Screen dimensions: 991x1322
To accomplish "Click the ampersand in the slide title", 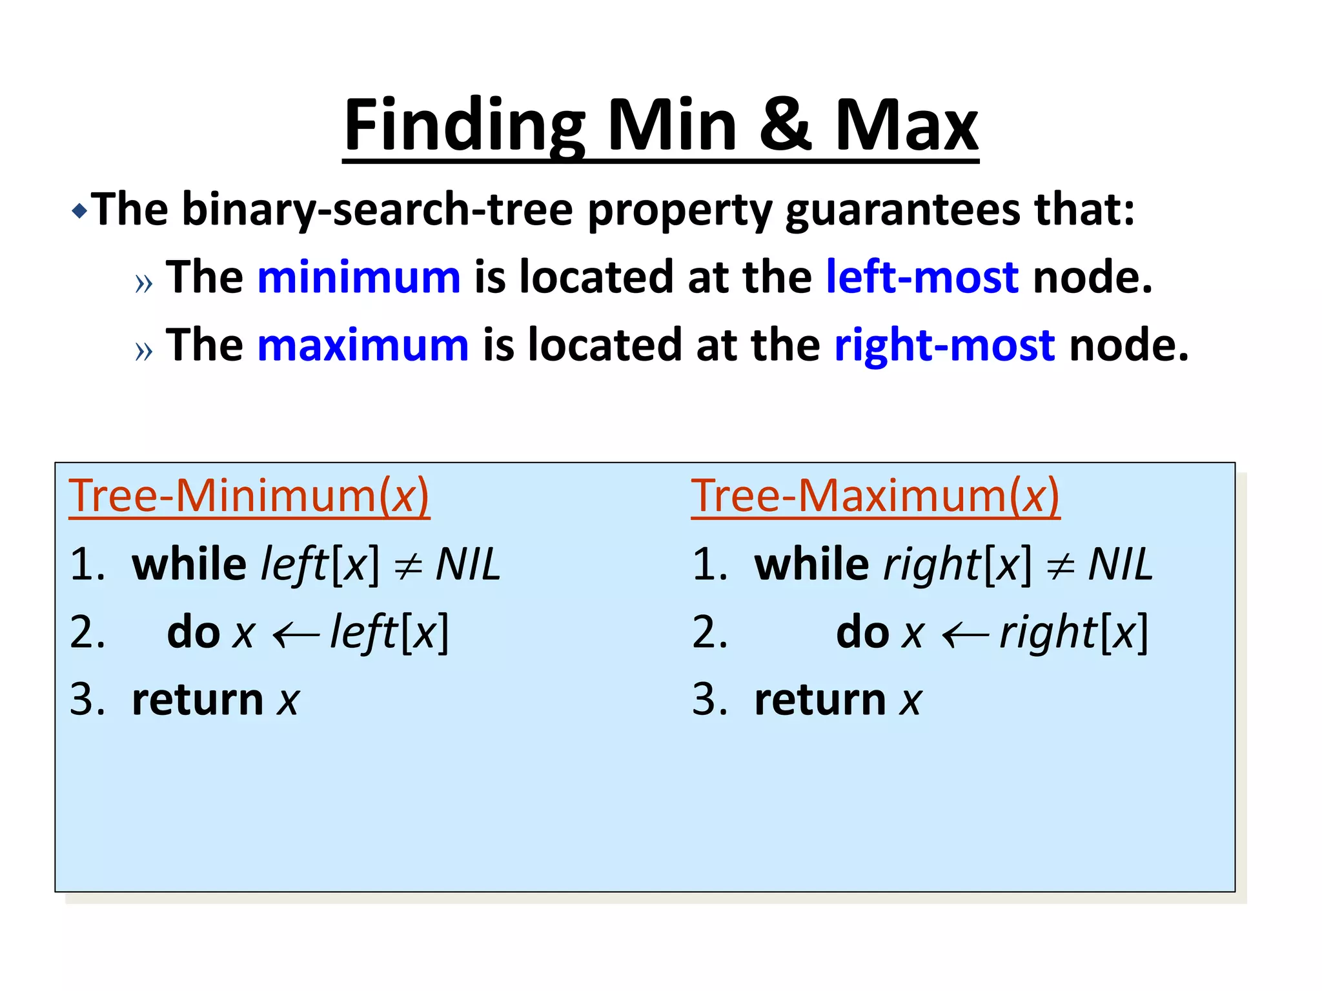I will pos(785,125).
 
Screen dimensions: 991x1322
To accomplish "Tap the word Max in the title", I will pos(906,125).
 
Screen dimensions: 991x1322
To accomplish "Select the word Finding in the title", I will pos(464,125).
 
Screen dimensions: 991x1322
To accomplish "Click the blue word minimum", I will pos(359,277).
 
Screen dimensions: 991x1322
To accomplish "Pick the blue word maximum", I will pos(363,345).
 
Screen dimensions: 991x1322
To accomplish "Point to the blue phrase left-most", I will pos(922,277).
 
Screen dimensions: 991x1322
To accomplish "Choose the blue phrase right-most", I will pos(944,345).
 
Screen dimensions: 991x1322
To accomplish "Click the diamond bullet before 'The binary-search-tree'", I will pos(79,211).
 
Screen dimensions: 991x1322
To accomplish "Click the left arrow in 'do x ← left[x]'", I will pos(296,636).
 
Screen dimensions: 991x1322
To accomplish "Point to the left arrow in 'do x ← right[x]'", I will pos(965,636).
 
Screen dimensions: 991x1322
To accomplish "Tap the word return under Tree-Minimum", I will pos(198,700).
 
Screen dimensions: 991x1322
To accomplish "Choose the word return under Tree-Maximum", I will pos(820,700).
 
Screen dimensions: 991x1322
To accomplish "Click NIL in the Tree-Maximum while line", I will pos(1120,565).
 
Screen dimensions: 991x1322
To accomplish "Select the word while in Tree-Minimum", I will pos(188,565).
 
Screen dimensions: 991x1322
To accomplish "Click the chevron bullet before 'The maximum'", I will pos(144,350).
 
